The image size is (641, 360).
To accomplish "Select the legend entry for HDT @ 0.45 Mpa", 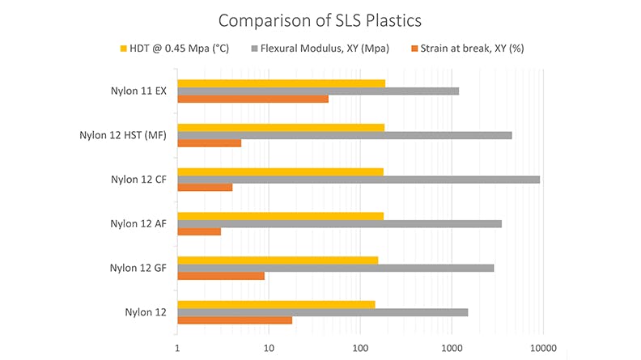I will (x=176, y=49).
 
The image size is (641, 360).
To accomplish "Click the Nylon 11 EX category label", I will (x=138, y=91).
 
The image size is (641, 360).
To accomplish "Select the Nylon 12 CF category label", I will (x=138, y=180).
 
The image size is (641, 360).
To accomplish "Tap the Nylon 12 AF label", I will (x=138, y=223).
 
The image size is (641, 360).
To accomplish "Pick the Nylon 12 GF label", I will (x=138, y=267).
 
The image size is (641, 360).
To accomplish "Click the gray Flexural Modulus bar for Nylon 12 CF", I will (x=358, y=180).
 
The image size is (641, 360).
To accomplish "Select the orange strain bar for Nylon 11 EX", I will (x=253, y=99).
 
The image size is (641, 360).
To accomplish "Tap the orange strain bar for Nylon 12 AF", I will (x=198, y=232).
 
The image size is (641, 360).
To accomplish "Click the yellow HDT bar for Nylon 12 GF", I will (x=277, y=260).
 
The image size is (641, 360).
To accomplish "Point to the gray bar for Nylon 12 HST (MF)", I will (x=344, y=135).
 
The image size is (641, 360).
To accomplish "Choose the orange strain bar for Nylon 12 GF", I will (x=220, y=276).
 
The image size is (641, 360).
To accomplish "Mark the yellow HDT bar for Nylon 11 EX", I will (x=281, y=83).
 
